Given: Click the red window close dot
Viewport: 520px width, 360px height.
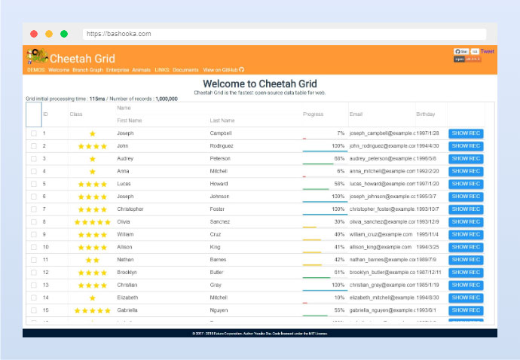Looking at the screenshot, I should (x=34, y=34).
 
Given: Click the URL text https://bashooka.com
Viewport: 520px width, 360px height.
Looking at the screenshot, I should (x=118, y=34).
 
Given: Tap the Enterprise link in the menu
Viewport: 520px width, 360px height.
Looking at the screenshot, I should (x=118, y=69).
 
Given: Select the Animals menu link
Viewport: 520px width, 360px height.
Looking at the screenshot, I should (x=141, y=69).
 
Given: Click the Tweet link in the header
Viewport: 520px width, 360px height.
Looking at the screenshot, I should (x=488, y=51).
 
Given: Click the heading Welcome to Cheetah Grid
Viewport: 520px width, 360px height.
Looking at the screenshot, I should (x=260, y=84).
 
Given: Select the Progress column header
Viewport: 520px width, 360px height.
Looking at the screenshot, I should (x=313, y=114).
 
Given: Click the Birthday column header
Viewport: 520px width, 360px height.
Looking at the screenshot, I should (x=426, y=114).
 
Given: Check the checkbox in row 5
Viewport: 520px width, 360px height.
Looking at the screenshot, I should (x=33, y=184).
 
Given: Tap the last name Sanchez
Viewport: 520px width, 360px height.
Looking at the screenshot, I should (x=220, y=222).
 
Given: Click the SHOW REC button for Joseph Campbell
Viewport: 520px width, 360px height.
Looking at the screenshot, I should (x=465, y=133).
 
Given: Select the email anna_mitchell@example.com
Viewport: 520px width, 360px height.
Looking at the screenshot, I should (x=381, y=171).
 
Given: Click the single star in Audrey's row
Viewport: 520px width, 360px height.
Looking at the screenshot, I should (x=93, y=159).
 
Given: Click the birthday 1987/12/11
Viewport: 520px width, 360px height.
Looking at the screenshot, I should (x=433, y=273).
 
